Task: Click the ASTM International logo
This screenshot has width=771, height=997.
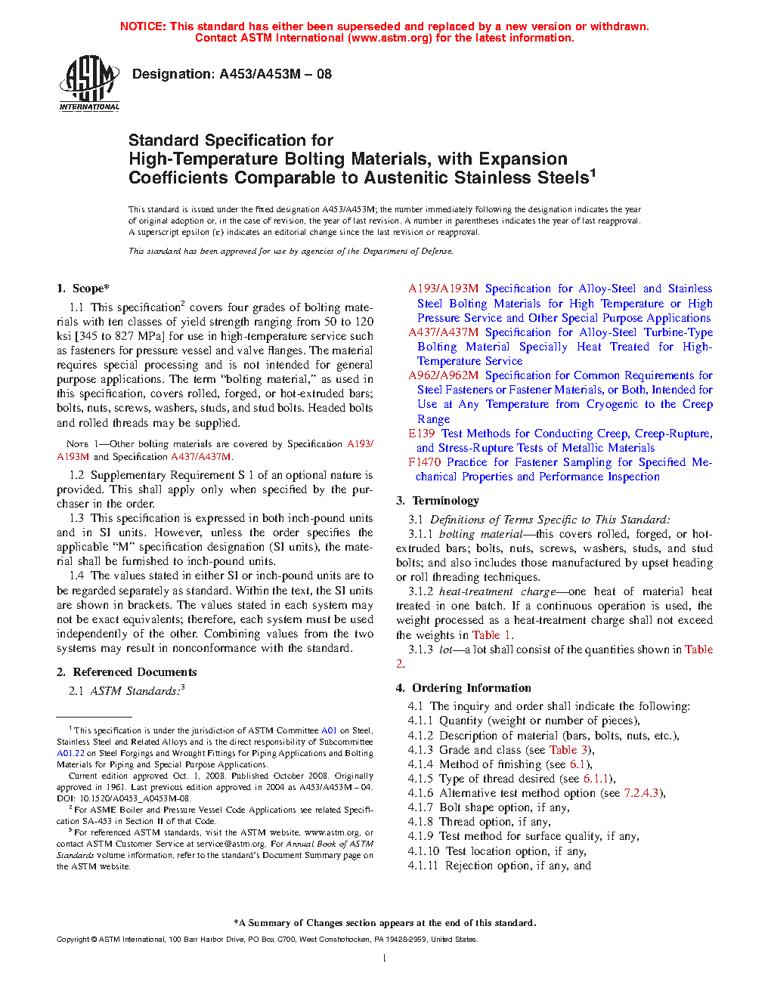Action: [89, 83]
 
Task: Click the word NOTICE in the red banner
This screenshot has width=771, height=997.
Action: [143, 26]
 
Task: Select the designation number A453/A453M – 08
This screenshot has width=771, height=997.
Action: [275, 74]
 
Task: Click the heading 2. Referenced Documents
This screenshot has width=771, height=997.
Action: [127, 672]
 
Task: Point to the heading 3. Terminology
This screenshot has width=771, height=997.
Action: [438, 501]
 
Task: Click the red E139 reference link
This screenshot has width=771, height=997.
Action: [422, 434]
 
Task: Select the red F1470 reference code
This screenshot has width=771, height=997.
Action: [425, 462]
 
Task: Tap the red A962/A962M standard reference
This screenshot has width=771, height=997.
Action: [443, 375]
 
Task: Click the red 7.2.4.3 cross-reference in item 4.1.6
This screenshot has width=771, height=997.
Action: [642, 793]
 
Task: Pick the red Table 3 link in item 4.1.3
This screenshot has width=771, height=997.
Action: [568, 750]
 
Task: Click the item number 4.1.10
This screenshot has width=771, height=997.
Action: [423, 851]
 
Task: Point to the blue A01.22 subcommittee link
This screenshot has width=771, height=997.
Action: [70, 753]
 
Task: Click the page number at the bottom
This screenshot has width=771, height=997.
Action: [385, 958]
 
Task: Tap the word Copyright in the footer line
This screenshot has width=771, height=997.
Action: [73, 940]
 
